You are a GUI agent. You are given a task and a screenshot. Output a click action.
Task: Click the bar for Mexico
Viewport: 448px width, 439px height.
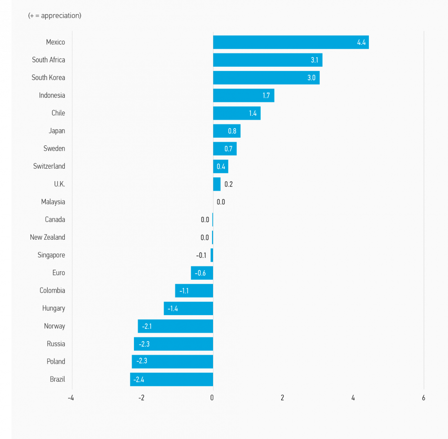pos(286,42)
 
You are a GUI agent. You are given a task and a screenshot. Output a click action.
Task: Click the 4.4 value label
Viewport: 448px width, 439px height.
pos(361,42)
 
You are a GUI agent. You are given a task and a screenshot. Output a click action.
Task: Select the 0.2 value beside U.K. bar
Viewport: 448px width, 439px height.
pos(228,184)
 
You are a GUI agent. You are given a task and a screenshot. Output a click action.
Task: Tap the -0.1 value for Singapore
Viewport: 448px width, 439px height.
pos(201,255)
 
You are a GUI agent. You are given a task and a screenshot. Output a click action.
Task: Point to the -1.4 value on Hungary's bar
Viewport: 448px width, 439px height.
pos(173,308)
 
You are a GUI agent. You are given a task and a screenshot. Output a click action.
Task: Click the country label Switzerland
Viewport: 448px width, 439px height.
pos(49,166)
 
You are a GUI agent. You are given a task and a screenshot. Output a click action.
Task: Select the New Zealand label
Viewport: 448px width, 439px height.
pos(48,237)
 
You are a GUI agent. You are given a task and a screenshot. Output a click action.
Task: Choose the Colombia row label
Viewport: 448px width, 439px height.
pos(52,291)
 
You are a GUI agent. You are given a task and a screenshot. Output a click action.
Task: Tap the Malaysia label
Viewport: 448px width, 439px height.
pos(53,202)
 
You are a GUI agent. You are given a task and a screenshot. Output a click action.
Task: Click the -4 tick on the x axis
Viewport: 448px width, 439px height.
pos(71,398)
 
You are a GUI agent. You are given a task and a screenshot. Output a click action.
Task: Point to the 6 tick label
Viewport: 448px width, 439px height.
pos(423,398)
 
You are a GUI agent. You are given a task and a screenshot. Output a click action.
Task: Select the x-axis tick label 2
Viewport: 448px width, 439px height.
pos(282,398)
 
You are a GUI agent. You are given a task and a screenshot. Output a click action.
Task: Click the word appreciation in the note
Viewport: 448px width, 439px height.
pos(60,16)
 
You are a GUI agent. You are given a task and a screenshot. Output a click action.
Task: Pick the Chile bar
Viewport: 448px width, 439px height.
pos(236,113)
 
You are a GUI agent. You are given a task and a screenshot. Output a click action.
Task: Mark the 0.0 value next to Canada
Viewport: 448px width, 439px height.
pos(205,220)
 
